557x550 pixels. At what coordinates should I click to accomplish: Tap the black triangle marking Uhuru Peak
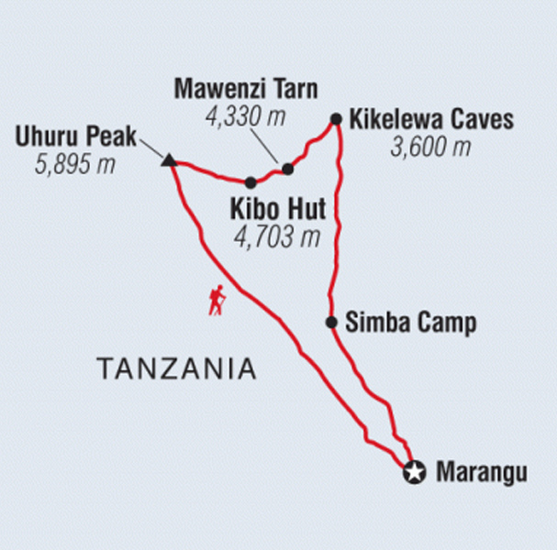(168, 161)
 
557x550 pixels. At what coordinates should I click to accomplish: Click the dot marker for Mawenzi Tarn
(287, 169)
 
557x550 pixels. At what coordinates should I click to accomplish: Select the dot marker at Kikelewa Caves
(336, 118)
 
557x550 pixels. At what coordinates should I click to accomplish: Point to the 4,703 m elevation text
(277, 238)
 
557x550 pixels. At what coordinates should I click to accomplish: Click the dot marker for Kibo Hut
(251, 182)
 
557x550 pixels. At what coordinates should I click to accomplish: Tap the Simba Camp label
(410, 323)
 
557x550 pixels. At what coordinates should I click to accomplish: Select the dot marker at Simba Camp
(331, 322)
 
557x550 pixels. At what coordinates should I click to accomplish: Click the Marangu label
(481, 474)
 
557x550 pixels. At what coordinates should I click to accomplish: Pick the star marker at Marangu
(416, 473)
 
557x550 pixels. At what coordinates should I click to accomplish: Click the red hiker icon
(217, 301)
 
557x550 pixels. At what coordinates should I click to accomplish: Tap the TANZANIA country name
(176, 369)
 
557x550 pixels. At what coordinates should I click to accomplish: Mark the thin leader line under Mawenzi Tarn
(267, 147)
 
